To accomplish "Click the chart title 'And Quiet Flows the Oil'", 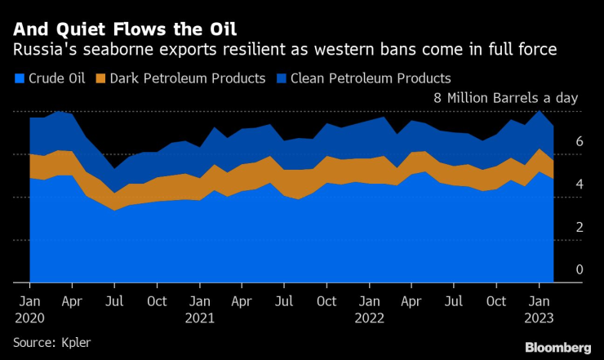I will click(x=124, y=29).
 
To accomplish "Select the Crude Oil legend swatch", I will click(x=19, y=79).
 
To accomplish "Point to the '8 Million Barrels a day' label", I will click(x=504, y=98).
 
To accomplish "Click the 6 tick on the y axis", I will click(x=579, y=141).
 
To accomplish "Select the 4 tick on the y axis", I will click(x=579, y=184).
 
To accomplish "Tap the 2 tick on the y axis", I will click(x=579, y=227).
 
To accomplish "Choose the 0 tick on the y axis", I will click(x=579, y=269).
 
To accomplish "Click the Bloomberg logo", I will click(x=557, y=348).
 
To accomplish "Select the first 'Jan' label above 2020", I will click(x=30, y=300).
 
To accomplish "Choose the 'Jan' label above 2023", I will click(x=540, y=300).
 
